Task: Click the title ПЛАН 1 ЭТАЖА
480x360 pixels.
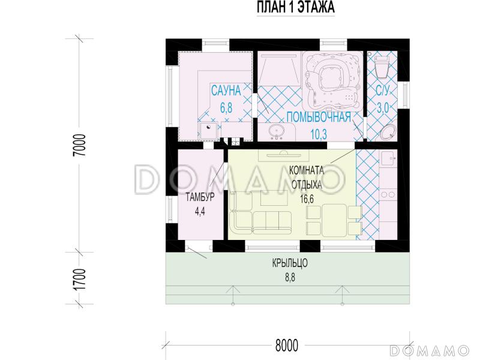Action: click(295, 7)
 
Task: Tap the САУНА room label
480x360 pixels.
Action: click(226, 91)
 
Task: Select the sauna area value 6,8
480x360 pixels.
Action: click(226, 108)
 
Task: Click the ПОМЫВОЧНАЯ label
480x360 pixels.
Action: click(319, 117)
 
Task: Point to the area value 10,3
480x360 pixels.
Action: click(319, 134)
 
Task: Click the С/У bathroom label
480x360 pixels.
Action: click(382, 91)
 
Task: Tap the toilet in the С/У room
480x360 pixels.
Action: click(382, 65)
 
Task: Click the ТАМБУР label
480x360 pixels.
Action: click(200, 197)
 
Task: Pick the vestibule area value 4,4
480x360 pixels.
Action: click(200, 212)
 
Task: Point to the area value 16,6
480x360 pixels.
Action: click(307, 199)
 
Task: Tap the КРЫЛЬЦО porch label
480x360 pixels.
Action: click(290, 263)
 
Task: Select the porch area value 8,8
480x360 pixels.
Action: click(290, 278)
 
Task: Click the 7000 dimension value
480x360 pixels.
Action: click(80, 145)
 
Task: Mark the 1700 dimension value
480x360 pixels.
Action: click(80, 280)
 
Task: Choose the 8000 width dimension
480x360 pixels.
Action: click(287, 346)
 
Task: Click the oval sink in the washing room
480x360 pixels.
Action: click(277, 131)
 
